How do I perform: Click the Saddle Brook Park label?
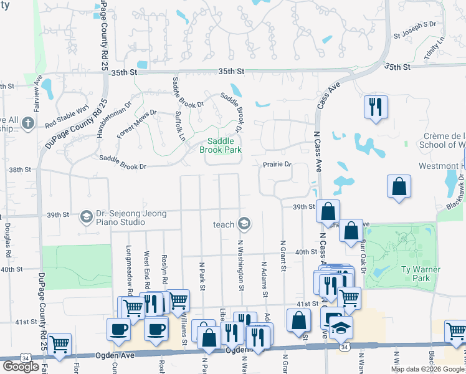click(219, 145)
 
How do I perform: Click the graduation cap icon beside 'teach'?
click(244, 224)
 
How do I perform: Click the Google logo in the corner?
click(21, 367)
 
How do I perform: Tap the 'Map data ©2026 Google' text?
click(427, 369)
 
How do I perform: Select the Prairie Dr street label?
click(277, 165)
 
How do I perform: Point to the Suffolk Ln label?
click(180, 125)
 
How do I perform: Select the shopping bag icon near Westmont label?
click(399, 186)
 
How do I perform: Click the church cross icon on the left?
click(28, 123)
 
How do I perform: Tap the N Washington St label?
click(240, 264)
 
